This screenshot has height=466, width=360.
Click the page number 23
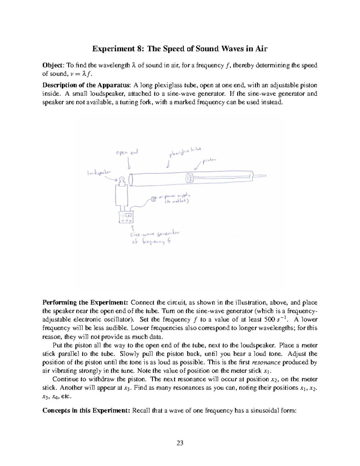click(x=180, y=443)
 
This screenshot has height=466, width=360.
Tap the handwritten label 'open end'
click(x=127, y=153)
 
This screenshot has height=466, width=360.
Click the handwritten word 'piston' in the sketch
click(x=209, y=161)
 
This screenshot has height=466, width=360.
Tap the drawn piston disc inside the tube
click(x=189, y=178)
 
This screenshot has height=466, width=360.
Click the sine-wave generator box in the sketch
click(x=126, y=217)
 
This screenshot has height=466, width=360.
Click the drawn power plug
click(x=154, y=199)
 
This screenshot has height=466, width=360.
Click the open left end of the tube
click(x=130, y=180)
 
